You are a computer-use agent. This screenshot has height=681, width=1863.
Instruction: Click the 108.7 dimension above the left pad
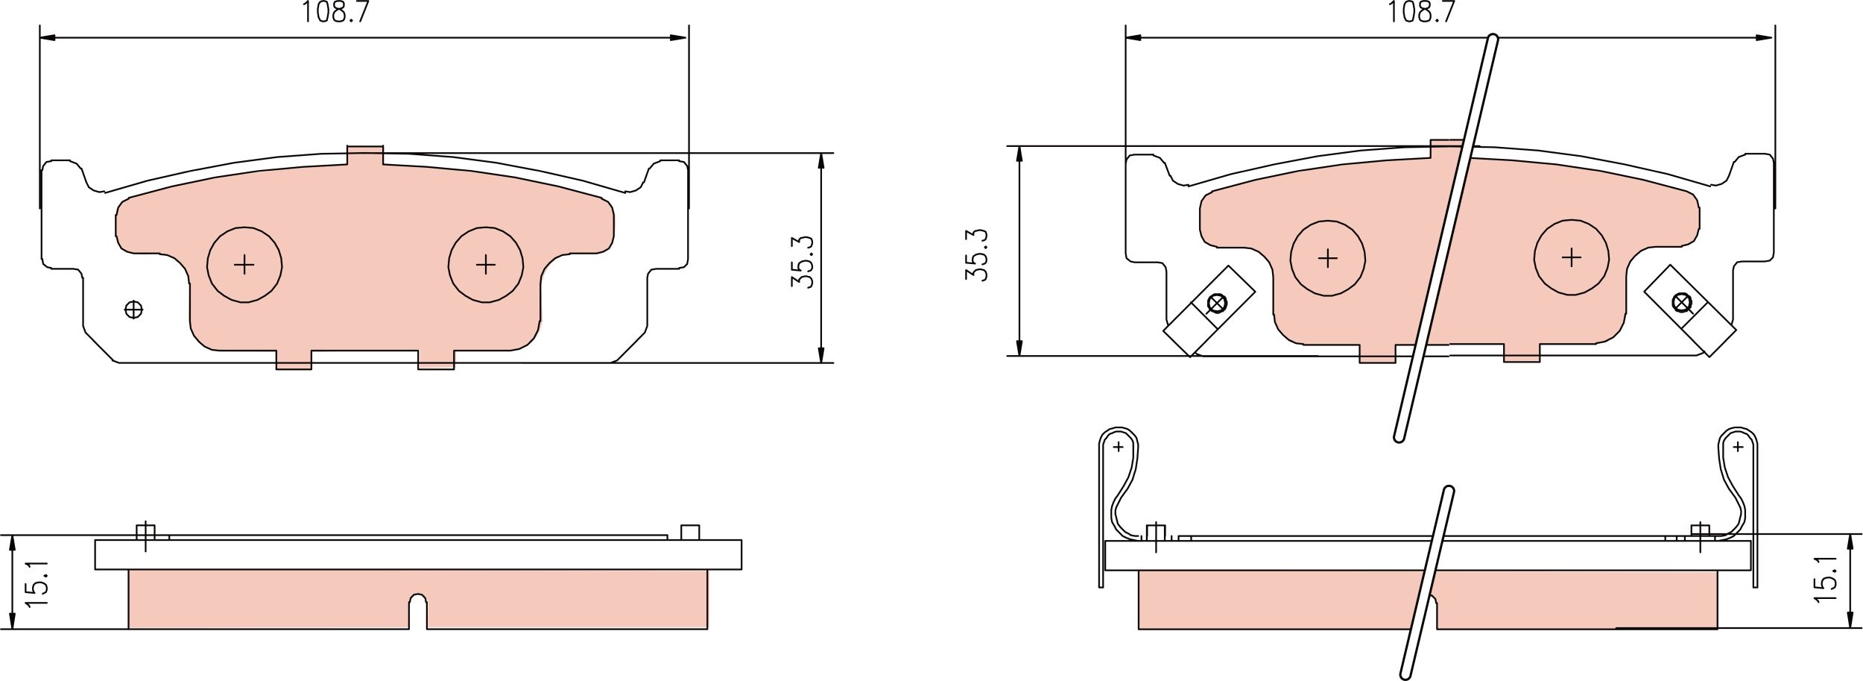pos(335,13)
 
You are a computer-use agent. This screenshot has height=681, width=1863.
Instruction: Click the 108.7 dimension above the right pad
pos(1421,13)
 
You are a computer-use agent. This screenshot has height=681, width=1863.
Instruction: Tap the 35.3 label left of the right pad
pos(976,255)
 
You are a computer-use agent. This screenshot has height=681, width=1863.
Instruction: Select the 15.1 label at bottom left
pos(36,583)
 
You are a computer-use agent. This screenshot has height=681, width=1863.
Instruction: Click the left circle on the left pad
pos(244,264)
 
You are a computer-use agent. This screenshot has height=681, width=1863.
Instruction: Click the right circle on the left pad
pos(486,264)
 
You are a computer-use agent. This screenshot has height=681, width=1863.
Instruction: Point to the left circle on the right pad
pos(1328,259)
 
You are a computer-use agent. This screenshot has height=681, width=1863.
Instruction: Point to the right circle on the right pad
pos(1571,257)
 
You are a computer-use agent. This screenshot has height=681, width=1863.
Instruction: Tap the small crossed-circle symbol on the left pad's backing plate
pos(134,309)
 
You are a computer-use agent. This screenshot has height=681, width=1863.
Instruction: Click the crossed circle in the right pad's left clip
pos(1216,304)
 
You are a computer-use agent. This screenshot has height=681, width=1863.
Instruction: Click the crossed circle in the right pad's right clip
pos(1681,303)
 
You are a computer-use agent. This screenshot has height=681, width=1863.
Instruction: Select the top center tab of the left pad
pos(365,154)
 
